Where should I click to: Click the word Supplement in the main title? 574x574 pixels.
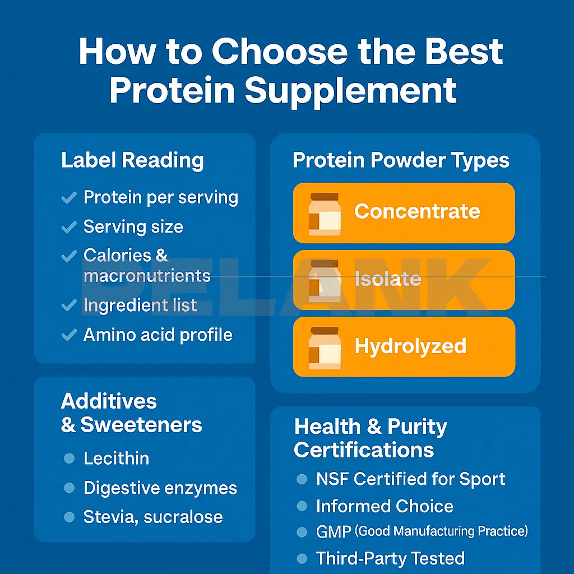(x=350, y=90)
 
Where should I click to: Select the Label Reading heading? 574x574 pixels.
(x=132, y=160)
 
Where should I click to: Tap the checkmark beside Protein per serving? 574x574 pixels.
(x=69, y=198)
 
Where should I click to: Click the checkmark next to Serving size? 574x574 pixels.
(x=69, y=227)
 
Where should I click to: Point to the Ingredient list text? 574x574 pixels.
(x=140, y=305)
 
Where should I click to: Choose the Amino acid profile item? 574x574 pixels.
(x=158, y=335)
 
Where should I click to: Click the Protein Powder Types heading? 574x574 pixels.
(x=401, y=160)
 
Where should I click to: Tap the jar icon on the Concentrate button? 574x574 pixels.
(x=325, y=213)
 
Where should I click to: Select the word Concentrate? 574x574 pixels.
(x=417, y=211)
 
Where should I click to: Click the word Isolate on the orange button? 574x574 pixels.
(x=388, y=279)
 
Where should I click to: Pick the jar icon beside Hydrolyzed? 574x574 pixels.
(x=325, y=347)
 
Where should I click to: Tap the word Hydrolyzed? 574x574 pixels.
(x=410, y=346)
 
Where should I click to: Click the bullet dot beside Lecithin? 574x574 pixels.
(x=69, y=459)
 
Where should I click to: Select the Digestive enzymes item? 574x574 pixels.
(x=160, y=488)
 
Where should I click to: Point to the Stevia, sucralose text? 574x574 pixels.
(x=153, y=517)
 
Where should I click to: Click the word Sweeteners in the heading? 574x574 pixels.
(x=141, y=425)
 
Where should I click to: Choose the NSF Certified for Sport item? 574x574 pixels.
(x=410, y=479)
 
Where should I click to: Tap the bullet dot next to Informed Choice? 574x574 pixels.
(x=302, y=507)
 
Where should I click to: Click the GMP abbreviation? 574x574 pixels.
(x=333, y=531)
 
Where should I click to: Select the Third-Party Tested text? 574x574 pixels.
(x=390, y=558)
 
